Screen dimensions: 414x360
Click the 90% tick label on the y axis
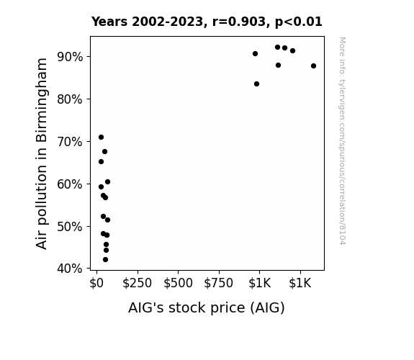pos(70,57)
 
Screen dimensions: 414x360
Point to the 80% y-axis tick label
pos(70,99)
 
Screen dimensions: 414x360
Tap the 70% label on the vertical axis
pos(70,142)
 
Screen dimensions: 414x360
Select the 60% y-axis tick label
pos(70,184)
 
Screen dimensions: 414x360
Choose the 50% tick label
pos(70,227)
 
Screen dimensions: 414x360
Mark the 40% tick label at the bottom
pos(70,269)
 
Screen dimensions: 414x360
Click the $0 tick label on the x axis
pos(96,283)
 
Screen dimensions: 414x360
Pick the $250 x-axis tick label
pos(138,283)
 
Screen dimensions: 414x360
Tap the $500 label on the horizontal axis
pos(179,283)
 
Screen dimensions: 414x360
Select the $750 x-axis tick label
pos(219,283)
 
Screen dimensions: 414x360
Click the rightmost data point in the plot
pos(313,66)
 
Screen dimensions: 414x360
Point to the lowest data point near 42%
pos(105,260)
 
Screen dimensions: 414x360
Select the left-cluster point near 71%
pos(101,137)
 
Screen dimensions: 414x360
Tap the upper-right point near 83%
pos(256,84)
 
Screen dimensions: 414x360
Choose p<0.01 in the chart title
pos(299,22)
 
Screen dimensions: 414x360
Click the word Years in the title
pos(109,22)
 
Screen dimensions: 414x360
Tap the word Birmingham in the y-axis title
pos(42,101)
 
